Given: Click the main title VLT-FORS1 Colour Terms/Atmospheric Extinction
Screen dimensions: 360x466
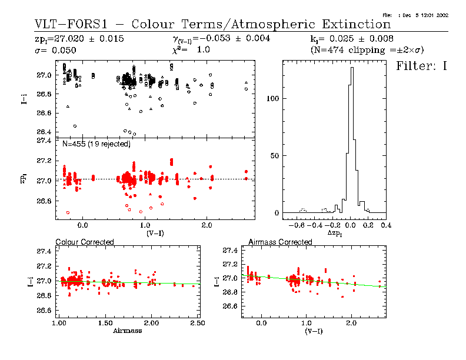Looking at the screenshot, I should [x=212, y=24].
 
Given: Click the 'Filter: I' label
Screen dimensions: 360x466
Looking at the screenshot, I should [x=422, y=66].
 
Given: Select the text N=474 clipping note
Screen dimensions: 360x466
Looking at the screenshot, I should [x=367, y=51].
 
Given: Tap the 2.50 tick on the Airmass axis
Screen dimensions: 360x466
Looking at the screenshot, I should [x=198, y=324].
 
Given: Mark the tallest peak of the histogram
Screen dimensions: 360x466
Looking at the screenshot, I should [x=352, y=68].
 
